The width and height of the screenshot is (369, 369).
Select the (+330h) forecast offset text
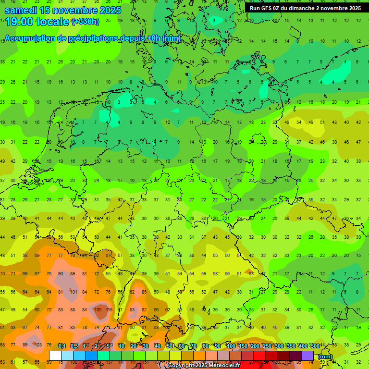85,22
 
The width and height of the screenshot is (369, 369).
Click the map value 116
109,309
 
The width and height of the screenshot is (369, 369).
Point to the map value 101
74,292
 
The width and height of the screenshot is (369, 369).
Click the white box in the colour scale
55,356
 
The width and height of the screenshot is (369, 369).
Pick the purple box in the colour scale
307,356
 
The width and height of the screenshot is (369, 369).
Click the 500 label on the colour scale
315,346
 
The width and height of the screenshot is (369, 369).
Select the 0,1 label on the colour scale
62,346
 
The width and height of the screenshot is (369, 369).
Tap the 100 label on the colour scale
231,346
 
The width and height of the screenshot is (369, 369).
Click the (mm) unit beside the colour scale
325,357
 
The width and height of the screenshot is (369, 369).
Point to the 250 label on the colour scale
267,346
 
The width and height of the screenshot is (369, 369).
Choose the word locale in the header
53,21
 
